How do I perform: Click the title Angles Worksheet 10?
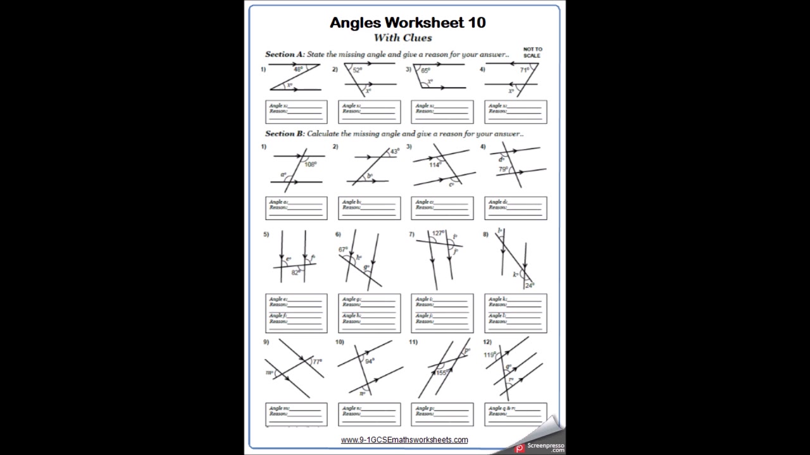(x=408, y=23)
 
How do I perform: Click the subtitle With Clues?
(x=402, y=38)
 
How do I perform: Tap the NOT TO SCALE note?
(x=533, y=52)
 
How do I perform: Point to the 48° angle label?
(x=298, y=70)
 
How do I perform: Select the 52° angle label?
(x=357, y=70)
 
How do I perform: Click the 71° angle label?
(x=525, y=70)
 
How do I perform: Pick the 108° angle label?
(x=310, y=164)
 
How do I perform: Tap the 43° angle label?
(x=394, y=152)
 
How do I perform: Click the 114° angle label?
(x=435, y=165)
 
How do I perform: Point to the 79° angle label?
(x=502, y=169)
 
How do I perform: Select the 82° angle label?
(x=296, y=272)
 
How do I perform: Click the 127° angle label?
(x=438, y=233)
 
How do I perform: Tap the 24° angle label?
(x=530, y=285)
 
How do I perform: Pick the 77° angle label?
(x=317, y=362)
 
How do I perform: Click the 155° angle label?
(x=442, y=373)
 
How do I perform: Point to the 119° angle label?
(x=490, y=355)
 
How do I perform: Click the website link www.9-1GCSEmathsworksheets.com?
(x=404, y=440)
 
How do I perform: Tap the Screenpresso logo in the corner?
(x=539, y=445)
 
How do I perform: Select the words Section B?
(x=280, y=134)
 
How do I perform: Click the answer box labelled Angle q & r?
(x=516, y=414)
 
